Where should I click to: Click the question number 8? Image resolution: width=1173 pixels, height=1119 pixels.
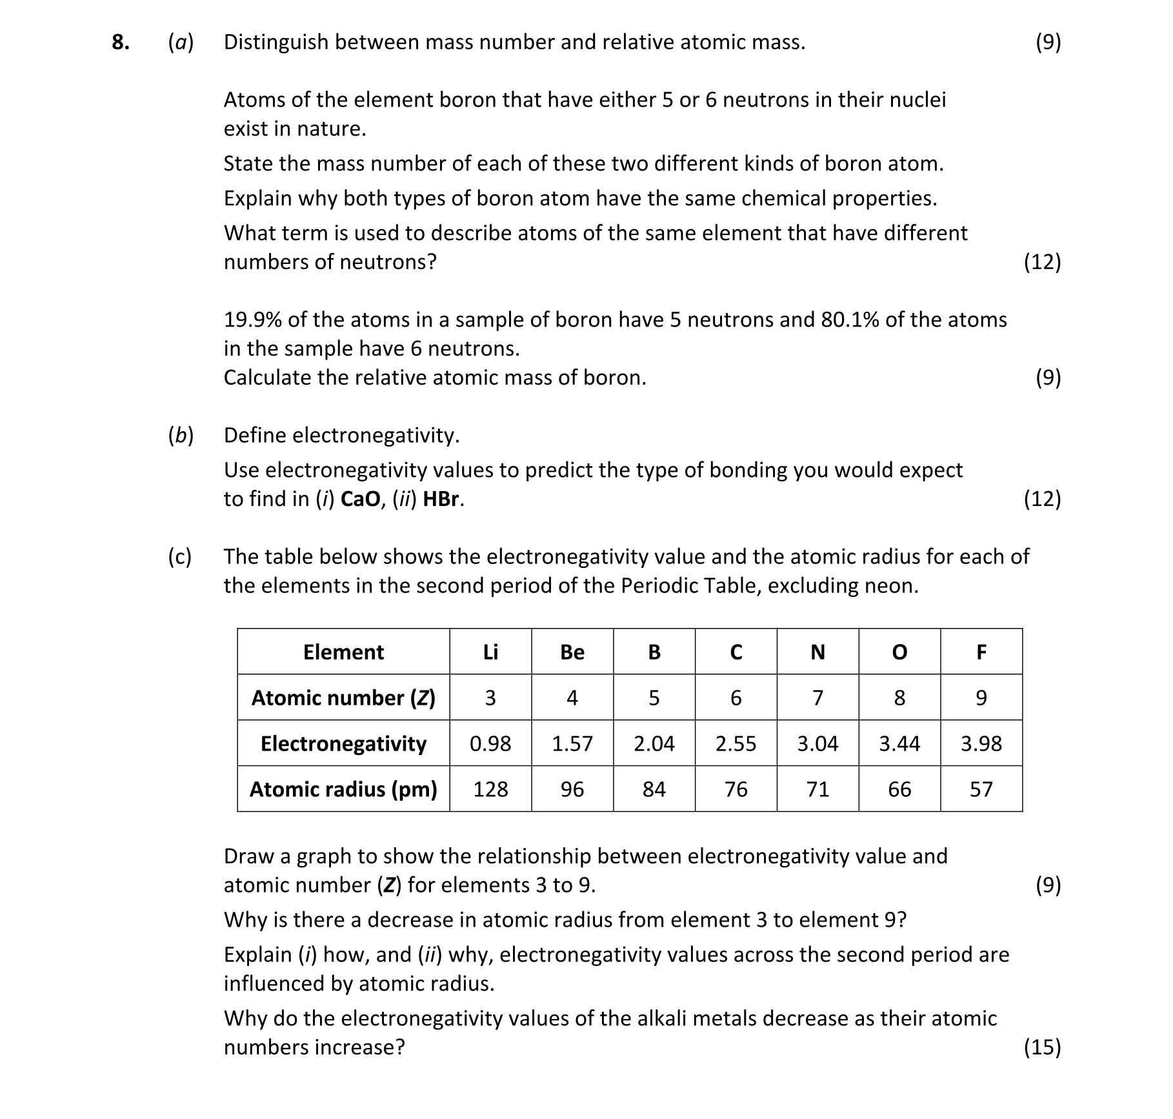click(x=120, y=43)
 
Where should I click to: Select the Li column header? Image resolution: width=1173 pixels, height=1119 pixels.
click(x=490, y=652)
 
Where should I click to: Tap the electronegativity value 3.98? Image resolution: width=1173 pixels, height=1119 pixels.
click(x=981, y=743)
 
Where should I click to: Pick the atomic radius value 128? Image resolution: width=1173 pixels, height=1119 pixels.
click(x=490, y=789)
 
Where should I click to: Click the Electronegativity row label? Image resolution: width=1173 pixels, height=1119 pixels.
click(x=343, y=743)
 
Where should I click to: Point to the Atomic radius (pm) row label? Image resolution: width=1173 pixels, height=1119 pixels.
click(x=343, y=789)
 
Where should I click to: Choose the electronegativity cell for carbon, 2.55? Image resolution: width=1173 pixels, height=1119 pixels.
click(x=736, y=743)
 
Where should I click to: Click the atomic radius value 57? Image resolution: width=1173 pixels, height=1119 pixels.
click(x=981, y=789)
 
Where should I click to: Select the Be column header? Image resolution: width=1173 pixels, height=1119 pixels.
click(x=572, y=652)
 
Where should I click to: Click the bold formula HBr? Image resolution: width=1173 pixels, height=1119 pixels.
click(x=443, y=499)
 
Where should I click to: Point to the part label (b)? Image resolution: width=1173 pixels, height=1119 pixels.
click(x=181, y=436)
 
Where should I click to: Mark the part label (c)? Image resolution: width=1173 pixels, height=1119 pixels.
click(x=180, y=556)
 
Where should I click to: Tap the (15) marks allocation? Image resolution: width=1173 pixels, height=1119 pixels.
click(x=1042, y=1047)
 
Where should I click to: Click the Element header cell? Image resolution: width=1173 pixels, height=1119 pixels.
click(x=343, y=652)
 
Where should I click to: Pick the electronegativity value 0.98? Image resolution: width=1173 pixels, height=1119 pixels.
click(x=490, y=743)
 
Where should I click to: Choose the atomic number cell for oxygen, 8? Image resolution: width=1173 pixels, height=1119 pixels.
click(x=899, y=698)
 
